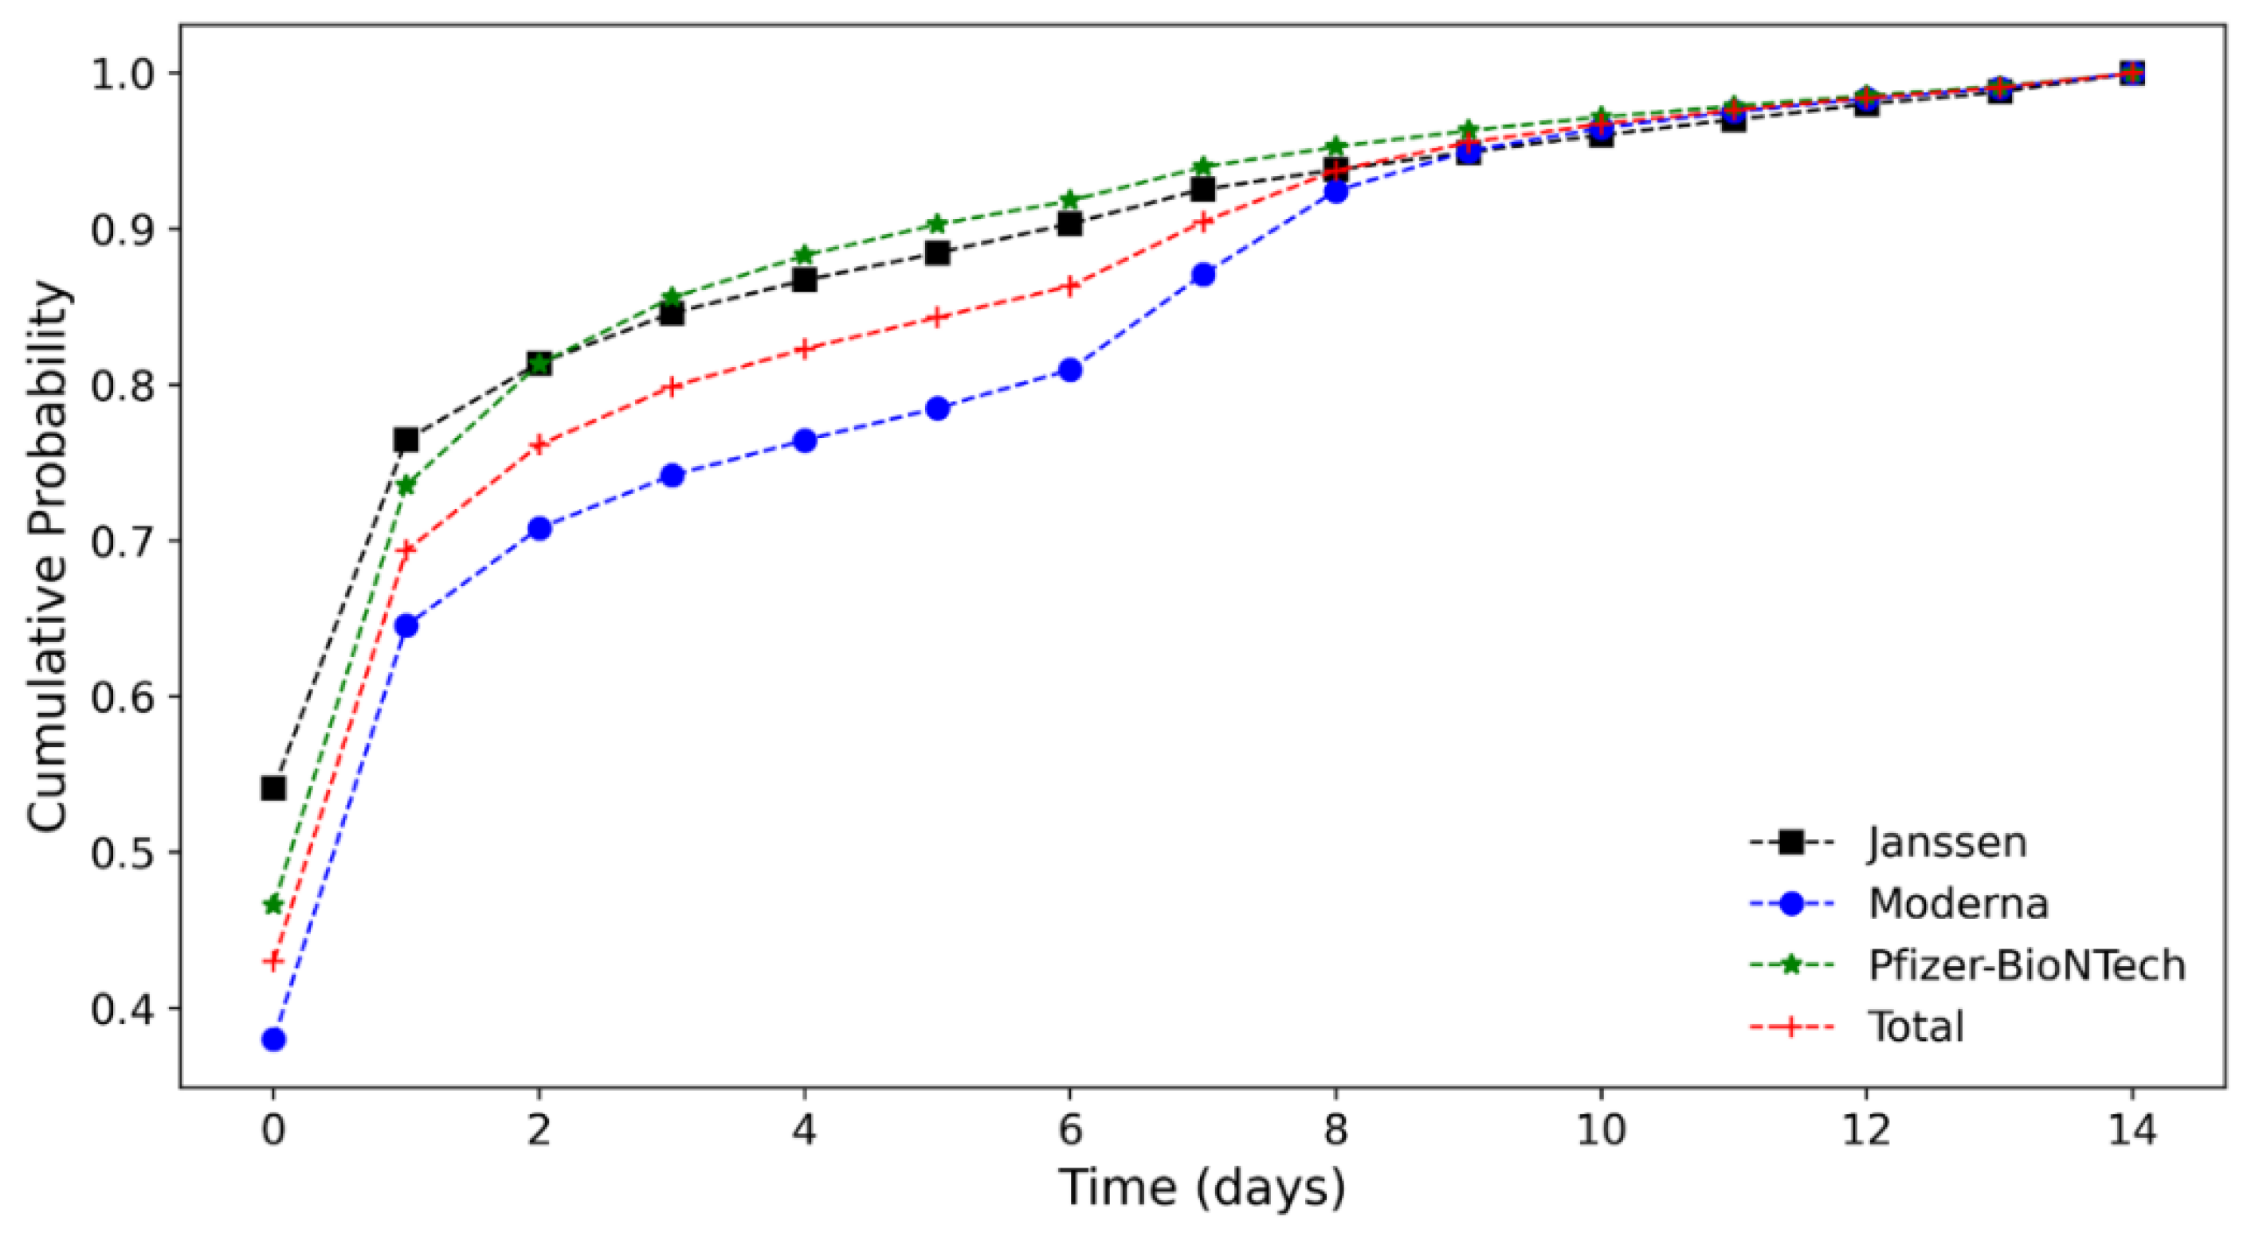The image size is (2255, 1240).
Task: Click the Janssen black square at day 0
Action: pos(273,788)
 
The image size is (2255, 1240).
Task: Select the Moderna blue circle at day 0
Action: pos(273,1039)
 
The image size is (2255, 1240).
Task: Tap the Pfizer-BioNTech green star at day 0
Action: pos(273,905)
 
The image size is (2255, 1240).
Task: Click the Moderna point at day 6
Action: pos(1069,370)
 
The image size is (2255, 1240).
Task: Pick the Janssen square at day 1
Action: pos(406,440)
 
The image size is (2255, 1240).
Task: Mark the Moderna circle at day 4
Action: pos(805,440)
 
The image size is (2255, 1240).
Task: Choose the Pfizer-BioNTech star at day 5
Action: pos(938,224)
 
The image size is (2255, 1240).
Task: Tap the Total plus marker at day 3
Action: pos(673,387)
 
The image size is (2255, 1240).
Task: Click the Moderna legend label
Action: pos(1959,904)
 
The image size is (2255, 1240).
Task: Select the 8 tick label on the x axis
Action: pos(1335,1131)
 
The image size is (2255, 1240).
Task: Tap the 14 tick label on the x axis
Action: pos(2131,1131)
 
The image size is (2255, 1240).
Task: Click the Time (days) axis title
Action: pos(1202,1189)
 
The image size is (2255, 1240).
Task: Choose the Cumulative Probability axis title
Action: pos(48,557)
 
